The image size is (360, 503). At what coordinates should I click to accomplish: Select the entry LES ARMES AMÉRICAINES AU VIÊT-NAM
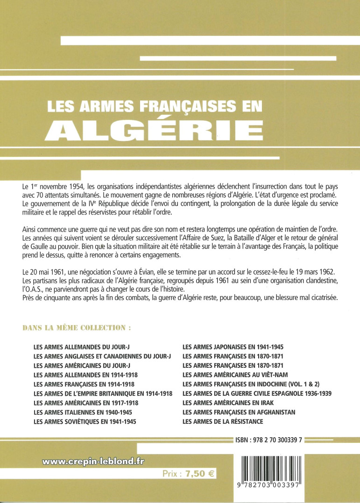coord(235,375)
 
